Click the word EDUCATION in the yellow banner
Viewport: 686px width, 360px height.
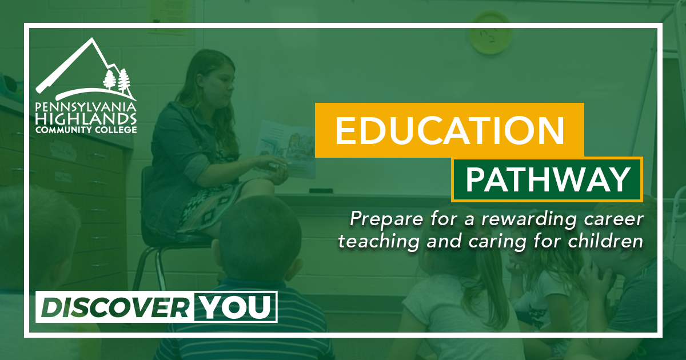[x=449, y=130]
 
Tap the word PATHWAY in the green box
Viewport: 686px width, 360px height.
[x=547, y=179]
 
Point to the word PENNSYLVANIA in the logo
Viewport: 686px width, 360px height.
[x=86, y=107]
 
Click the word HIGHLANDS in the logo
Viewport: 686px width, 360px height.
[x=86, y=119]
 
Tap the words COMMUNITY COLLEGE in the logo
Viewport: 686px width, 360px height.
[x=86, y=130]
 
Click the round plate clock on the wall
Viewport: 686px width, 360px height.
[x=489, y=34]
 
